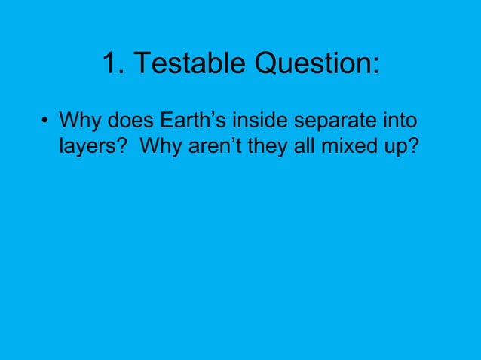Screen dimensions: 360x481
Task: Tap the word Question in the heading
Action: click(311, 66)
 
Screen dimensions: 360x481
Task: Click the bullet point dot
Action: click(46, 121)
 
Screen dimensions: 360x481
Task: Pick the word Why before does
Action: click(80, 121)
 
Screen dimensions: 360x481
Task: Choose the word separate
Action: click(344, 121)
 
